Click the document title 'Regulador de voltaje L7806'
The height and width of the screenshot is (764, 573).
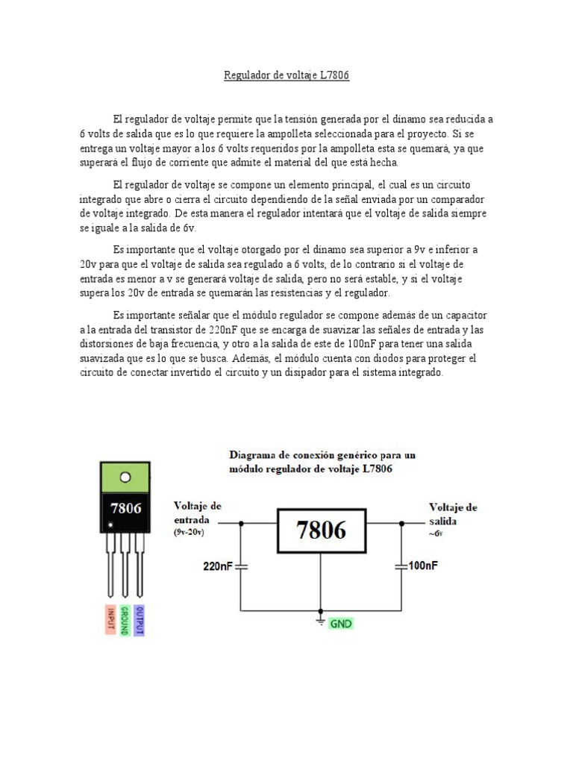coord(286,75)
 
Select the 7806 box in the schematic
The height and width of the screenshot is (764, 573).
coord(321,530)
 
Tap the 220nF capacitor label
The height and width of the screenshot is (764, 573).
coord(219,566)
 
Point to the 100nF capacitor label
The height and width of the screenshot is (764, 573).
coord(423,566)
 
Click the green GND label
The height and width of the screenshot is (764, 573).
coord(341,621)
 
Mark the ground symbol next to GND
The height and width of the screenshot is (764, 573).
coord(321,620)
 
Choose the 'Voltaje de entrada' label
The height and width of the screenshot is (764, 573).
coord(197,513)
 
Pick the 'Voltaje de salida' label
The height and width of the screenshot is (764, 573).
coord(453,514)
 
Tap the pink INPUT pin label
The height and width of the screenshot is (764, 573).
coord(110,619)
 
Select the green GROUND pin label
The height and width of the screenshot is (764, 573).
coord(125,619)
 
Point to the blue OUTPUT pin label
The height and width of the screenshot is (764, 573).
coord(140,619)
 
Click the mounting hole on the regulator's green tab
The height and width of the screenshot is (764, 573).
coord(125,477)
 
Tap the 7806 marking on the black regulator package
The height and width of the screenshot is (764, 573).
coord(125,509)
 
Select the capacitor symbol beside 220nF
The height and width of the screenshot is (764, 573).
coord(240,567)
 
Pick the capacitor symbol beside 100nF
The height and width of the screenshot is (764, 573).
coord(402,567)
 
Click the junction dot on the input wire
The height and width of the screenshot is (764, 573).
coord(240,524)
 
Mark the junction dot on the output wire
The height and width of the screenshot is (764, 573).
coord(402,524)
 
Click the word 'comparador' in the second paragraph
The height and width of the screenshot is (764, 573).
coord(456,201)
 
